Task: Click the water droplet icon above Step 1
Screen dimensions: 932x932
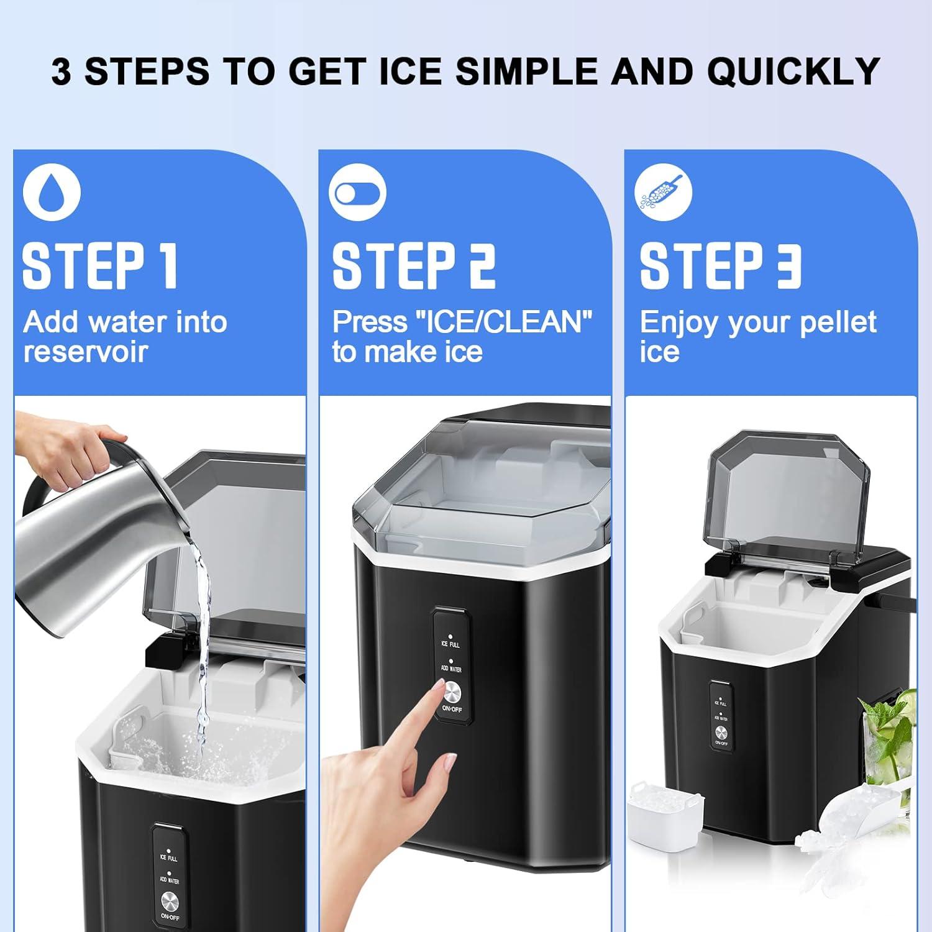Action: click(52, 191)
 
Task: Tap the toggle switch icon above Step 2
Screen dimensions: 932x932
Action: click(357, 192)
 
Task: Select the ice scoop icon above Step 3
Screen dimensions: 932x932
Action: click(663, 192)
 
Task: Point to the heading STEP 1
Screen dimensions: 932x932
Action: click(100, 266)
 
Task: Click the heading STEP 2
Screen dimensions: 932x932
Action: click(414, 266)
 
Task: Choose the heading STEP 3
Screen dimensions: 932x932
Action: click(721, 266)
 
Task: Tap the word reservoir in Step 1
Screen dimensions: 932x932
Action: click(86, 352)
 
